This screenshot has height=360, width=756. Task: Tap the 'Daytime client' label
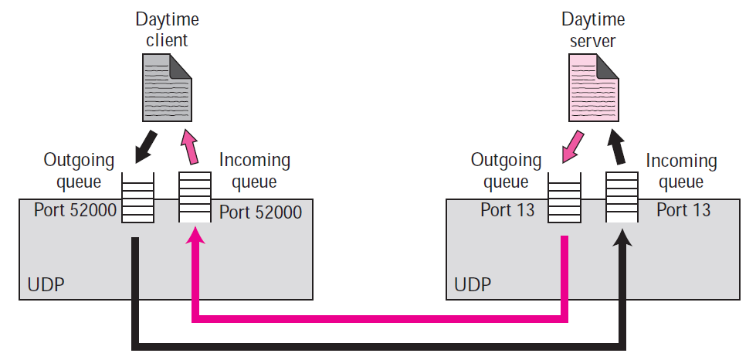tap(167, 29)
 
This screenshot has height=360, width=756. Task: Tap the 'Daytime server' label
tap(593, 29)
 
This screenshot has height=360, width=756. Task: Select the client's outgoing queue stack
tap(138, 196)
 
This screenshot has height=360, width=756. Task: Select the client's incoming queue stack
tap(195, 196)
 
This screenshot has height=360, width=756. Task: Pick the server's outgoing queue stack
tap(564, 196)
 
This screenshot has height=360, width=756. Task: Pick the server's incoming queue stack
tap(621, 196)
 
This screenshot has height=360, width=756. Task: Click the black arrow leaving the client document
tap(144, 147)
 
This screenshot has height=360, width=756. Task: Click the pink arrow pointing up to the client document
tap(189, 147)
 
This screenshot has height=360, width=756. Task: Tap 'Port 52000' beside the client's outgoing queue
tap(76, 210)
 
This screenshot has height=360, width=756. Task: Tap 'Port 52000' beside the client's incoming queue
tap(260, 211)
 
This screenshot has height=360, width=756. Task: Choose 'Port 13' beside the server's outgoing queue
tap(507, 210)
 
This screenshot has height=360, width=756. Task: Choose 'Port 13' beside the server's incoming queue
tap(684, 210)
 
